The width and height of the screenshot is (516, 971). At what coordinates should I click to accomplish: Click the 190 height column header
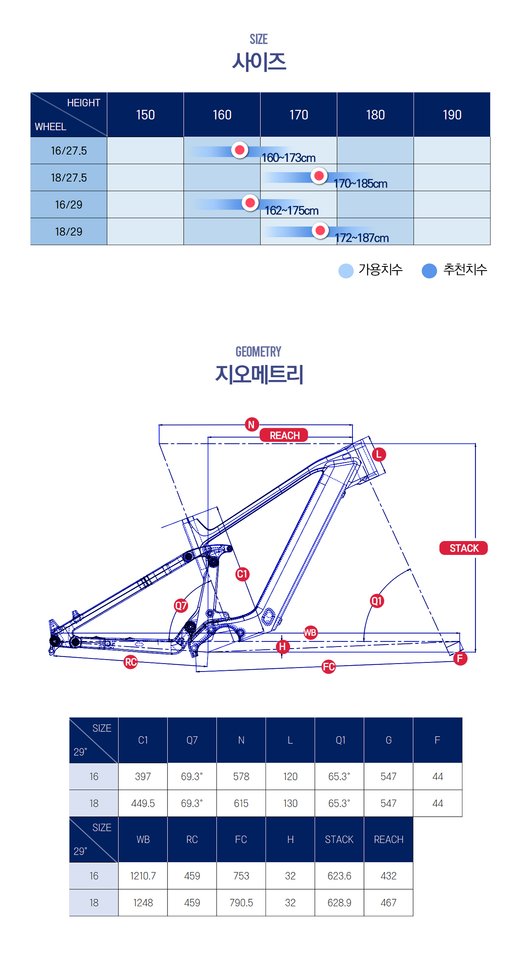coord(452,115)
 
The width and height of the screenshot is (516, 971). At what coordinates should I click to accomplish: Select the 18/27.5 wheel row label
coord(69,178)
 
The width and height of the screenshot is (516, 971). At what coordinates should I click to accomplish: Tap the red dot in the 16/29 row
coord(250,203)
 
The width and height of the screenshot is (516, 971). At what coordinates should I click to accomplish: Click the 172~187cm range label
coord(362,238)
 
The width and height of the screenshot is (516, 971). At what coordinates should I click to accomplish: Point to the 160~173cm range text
coord(289,158)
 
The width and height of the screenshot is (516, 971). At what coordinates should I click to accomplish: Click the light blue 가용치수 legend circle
coord(346,271)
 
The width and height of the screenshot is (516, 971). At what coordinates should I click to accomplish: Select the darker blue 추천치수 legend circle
coord(429,271)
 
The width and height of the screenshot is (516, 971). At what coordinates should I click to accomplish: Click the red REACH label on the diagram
coord(284,435)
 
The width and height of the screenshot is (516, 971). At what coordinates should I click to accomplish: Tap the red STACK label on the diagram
coord(464,548)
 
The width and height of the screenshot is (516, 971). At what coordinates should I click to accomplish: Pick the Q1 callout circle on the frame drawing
coord(377,601)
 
